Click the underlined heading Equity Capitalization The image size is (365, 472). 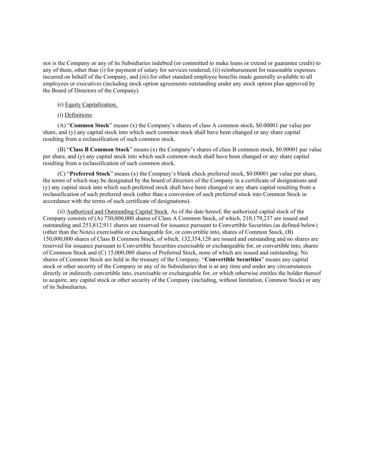(x=92, y=105)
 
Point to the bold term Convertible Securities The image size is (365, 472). (x=233, y=259)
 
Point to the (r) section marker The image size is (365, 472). (x=61, y=105)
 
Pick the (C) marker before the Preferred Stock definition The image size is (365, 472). (x=61, y=174)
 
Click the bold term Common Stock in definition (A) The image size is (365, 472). (x=89, y=126)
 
